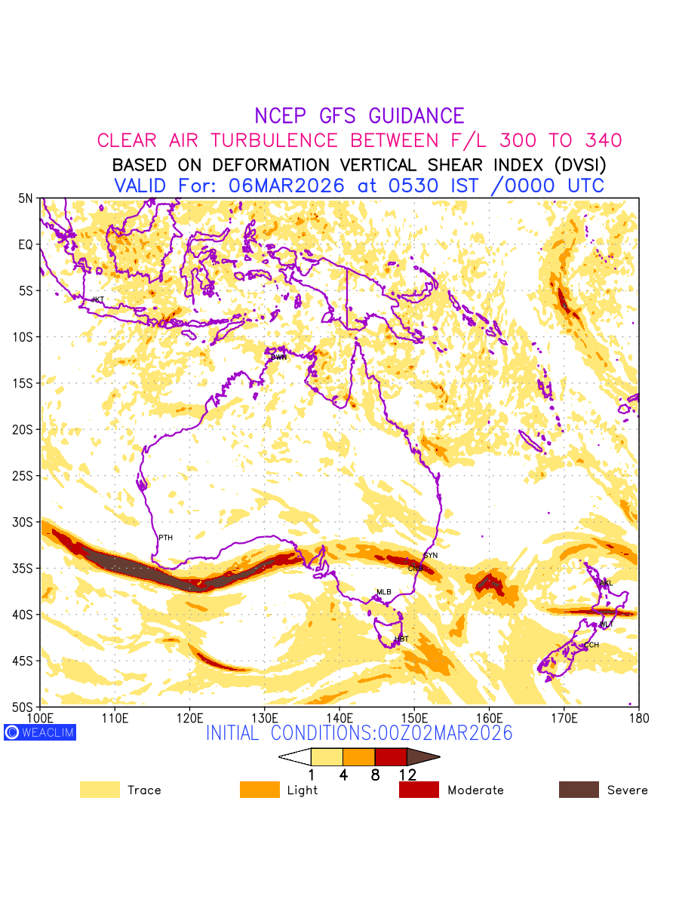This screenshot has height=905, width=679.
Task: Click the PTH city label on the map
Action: click(165, 538)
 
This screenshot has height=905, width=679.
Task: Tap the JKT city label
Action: click(97, 299)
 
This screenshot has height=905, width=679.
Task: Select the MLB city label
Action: click(384, 592)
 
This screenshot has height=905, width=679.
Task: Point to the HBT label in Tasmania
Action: click(401, 639)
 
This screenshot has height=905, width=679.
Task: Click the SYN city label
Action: click(431, 555)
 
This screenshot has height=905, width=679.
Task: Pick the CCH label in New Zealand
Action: click(591, 645)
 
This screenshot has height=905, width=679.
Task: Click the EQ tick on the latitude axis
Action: click(26, 244)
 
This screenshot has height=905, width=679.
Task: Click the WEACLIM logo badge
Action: click(40, 732)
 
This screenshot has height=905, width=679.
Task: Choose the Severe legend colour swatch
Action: click(579, 790)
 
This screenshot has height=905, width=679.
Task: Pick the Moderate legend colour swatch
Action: click(419, 790)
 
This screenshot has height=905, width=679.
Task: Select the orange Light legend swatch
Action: click(260, 790)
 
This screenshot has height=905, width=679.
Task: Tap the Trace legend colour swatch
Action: click(100, 790)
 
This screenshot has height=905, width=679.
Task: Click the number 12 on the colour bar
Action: click(407, 775)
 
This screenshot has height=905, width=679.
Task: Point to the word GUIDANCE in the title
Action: click(416, 116)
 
